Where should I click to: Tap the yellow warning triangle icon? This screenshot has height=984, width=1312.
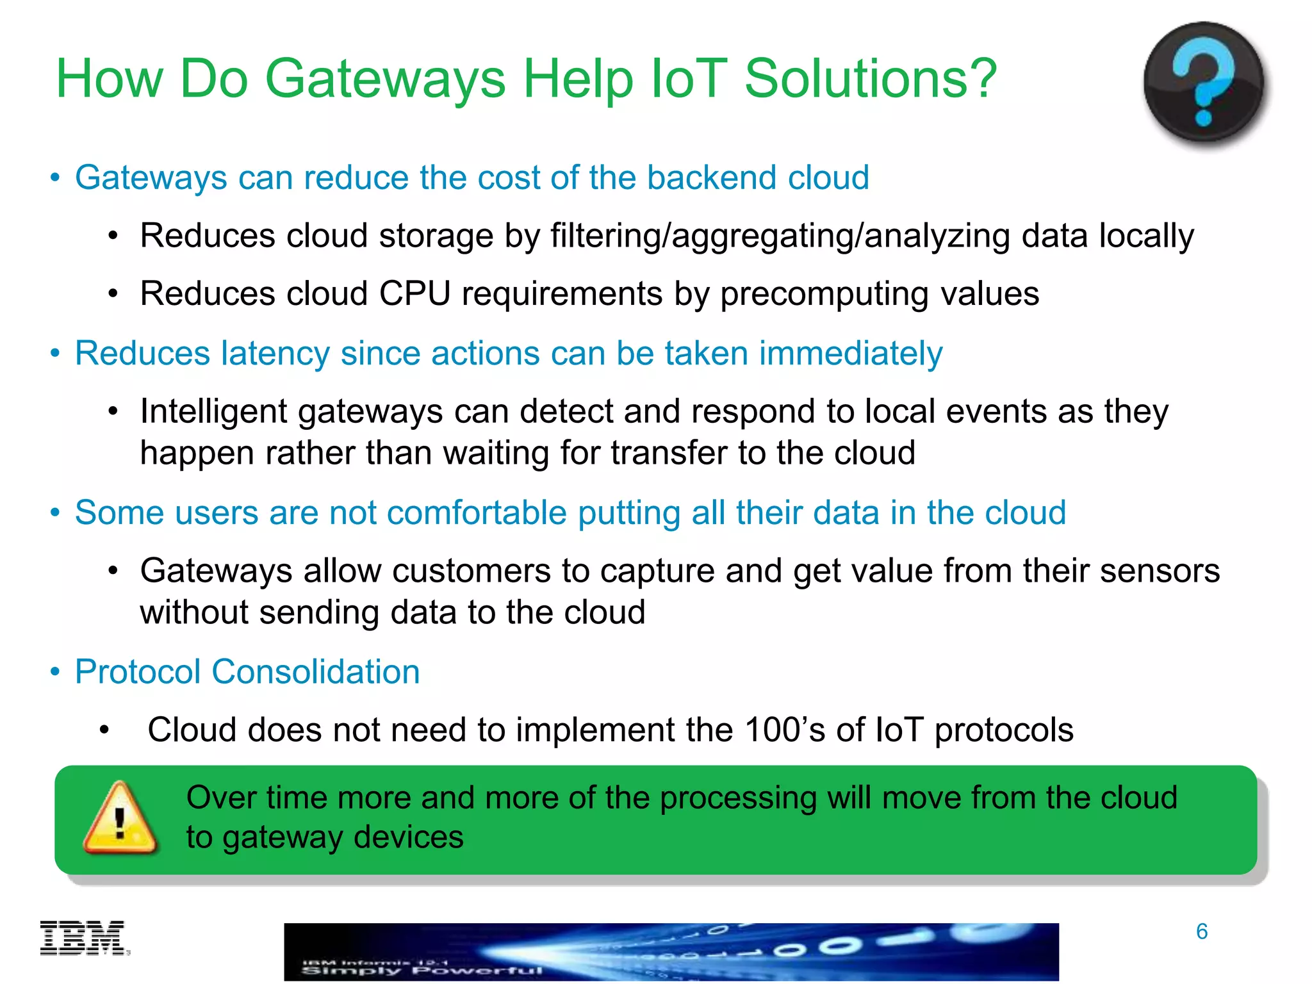120,819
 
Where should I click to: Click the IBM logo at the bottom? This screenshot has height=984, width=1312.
84,939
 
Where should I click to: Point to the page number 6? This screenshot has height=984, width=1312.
1201,931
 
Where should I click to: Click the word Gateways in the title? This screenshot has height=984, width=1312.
385,79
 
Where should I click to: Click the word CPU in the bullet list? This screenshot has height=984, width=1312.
414,294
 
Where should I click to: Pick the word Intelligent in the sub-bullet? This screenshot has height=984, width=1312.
213,411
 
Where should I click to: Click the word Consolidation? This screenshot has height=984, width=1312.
315,672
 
